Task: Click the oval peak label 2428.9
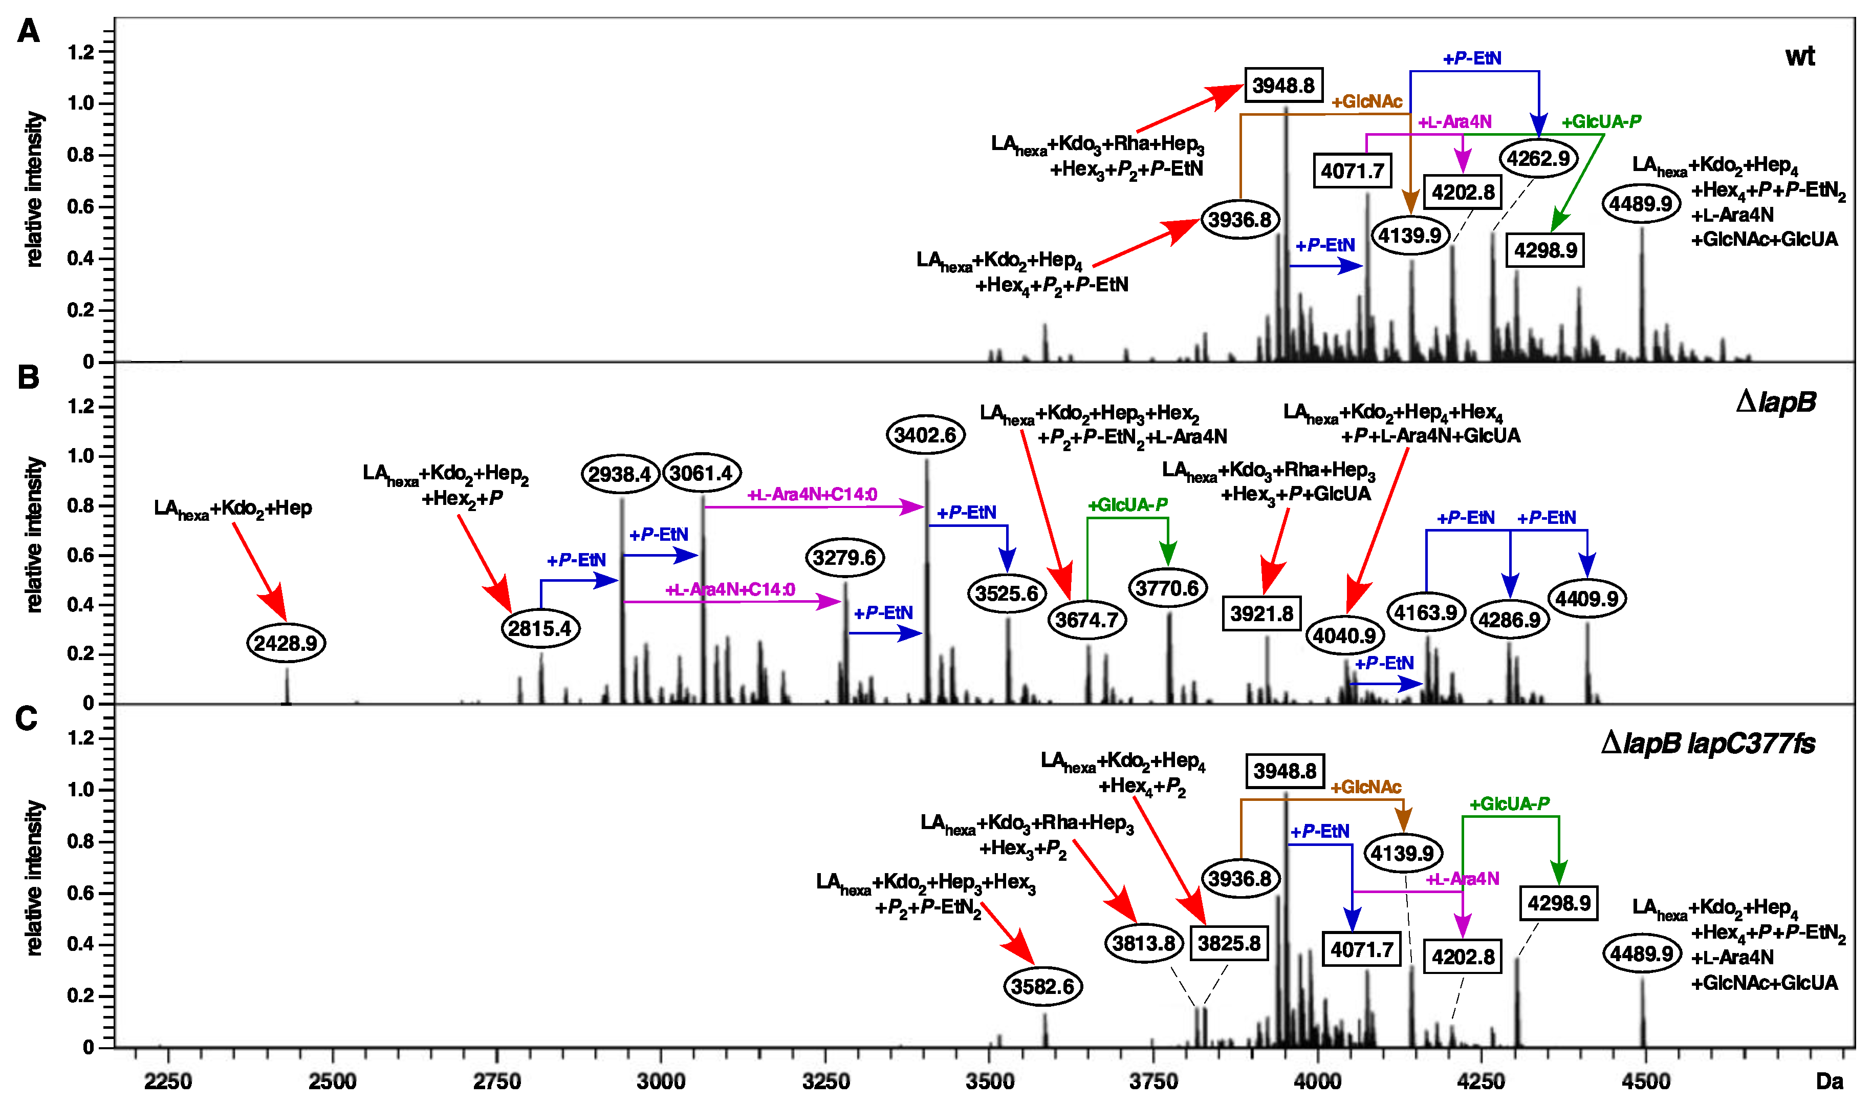tap(286, 643)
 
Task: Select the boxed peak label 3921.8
tap(1261, 614)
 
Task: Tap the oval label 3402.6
tap(925, 435)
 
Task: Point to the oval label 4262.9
tap(1538, 158)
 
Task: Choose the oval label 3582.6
tap(1043, 986)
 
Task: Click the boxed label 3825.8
tap(1229, 943)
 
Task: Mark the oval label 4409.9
tap(1587, 598)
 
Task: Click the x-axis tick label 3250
tap(825, 1081)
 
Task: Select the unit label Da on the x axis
tap(1830, 1081)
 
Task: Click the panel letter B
tap(28, 377)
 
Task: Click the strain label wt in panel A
tap(1800, 56)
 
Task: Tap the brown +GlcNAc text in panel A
tap(1367, 102)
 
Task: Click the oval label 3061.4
tap(701, 473)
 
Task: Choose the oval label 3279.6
tap(844, 557)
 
